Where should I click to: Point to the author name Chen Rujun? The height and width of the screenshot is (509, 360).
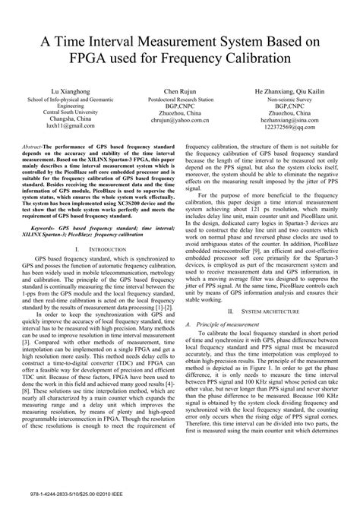[180, 90]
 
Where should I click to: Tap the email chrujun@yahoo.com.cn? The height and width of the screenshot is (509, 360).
[180, 119]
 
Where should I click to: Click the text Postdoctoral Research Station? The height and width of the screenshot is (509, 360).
[180, 98]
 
